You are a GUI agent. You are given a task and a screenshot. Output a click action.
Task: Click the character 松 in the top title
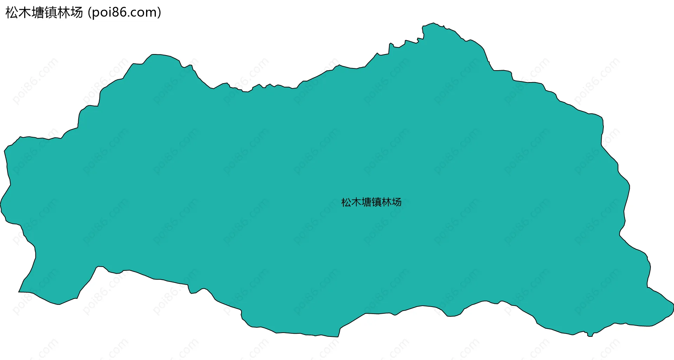tap(12, 13)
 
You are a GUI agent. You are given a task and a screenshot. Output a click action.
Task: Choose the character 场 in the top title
tap(77, 13)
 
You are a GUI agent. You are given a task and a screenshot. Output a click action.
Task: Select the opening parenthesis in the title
tap(90, 13)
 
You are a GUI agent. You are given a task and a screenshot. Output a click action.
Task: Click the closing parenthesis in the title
tap(159, 13)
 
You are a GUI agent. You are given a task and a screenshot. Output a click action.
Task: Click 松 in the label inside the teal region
tap(346, 202)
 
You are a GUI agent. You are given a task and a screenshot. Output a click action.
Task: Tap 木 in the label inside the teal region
tap(356, 202)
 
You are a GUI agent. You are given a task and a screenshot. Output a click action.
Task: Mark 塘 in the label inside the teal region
tap(366, 202)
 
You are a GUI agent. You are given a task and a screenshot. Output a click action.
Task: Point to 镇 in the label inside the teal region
tap(377, 202)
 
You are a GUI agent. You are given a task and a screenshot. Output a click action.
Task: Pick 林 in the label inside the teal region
tap(386, 202)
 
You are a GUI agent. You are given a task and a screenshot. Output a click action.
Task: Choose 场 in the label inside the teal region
tap(397, 202)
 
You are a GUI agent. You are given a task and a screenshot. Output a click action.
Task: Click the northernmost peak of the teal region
tap(434, 23)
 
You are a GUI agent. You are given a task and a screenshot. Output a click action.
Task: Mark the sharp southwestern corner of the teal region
tap(19, 292)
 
